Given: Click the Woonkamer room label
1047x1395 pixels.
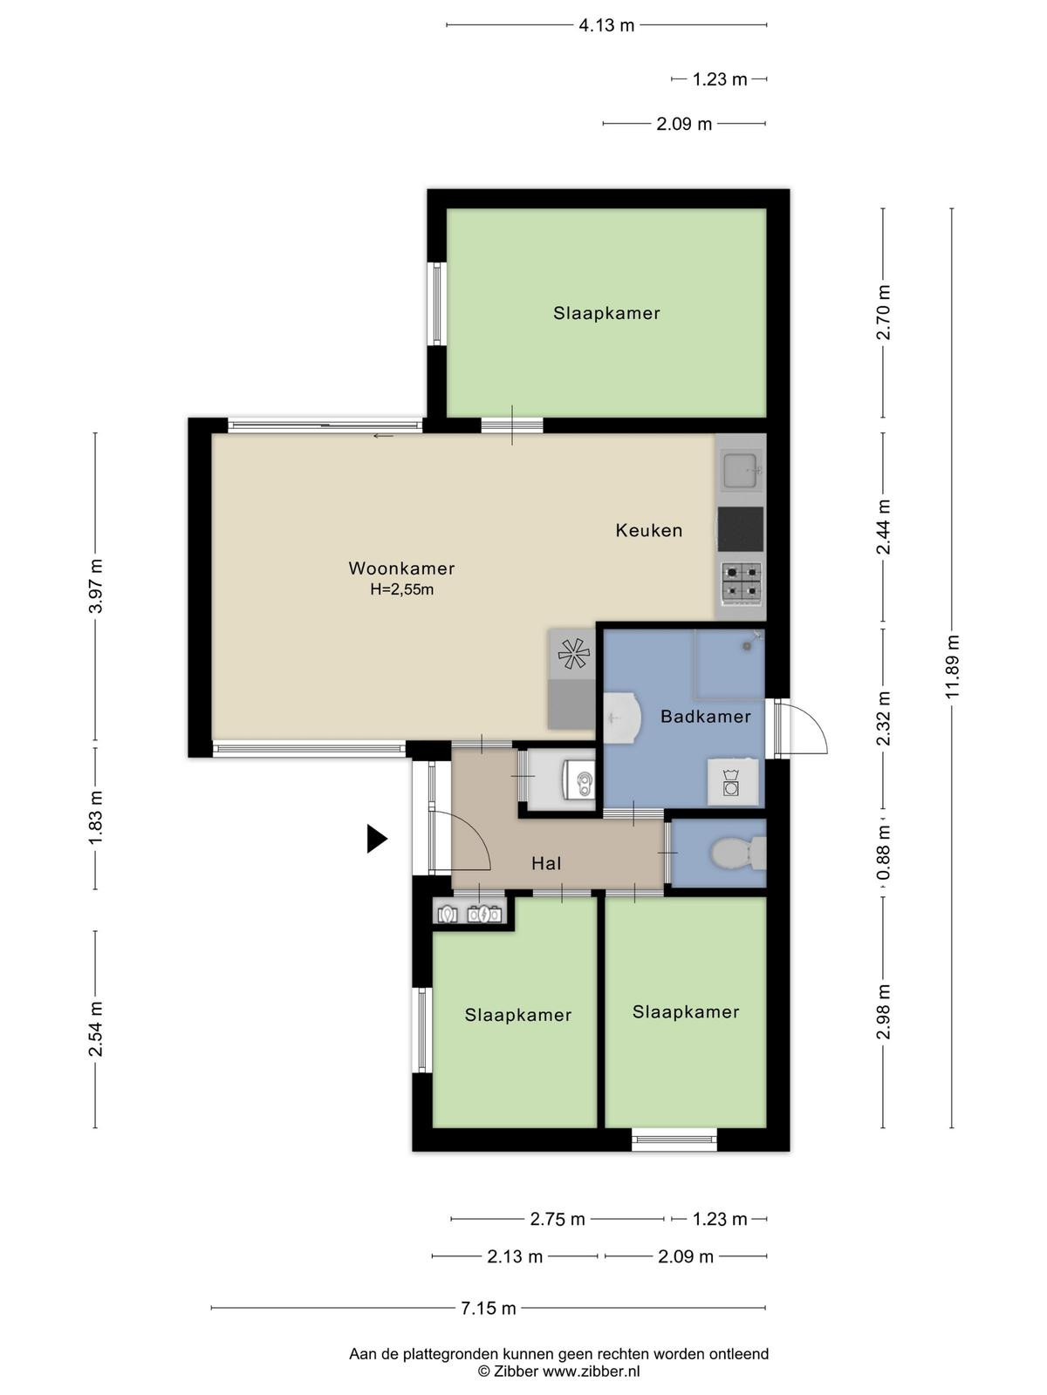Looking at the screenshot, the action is [401, 568].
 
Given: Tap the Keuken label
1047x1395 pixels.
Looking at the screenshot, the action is [648, 530].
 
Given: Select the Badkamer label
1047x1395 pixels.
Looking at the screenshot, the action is [706, 717].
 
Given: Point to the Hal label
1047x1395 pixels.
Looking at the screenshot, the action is [546, 863].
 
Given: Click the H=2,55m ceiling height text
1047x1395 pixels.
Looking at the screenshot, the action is [401, 589].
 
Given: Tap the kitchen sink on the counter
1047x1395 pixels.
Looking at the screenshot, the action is [742, 471].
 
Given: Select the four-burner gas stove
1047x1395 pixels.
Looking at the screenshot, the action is [742, 582].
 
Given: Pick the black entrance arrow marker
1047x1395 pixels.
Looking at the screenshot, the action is [376, 838].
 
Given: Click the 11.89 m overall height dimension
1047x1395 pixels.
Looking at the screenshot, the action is [952, 667].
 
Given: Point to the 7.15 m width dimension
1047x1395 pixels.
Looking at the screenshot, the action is [489, 1308].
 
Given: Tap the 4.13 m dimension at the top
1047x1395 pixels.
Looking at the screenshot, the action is [606, 25].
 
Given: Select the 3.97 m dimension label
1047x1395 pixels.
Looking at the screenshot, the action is [95, 586].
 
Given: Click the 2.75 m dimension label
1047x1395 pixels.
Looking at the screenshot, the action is [558, 1219].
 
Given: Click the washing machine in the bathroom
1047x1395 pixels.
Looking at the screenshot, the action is [733, 783].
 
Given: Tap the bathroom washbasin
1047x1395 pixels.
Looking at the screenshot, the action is [621, 718].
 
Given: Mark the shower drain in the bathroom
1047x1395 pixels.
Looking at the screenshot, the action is [747, 646].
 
